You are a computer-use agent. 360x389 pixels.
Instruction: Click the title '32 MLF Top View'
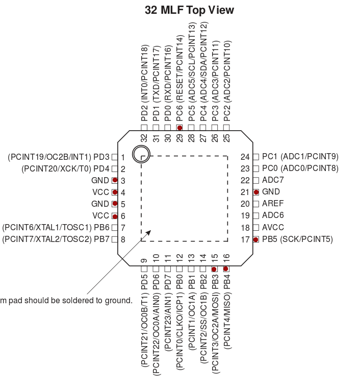point(190,10)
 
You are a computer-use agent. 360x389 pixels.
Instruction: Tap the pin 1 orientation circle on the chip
point(140,154)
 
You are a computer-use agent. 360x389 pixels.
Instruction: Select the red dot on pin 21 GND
point(256,192)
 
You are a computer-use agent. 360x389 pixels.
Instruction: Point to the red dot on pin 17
point(256,239)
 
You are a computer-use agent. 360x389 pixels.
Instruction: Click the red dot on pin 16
point(226,269)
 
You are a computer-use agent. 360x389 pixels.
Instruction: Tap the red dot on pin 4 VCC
point(115,192)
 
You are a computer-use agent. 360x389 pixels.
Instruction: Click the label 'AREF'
point(273,204)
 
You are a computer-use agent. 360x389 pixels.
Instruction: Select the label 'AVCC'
point(273,227)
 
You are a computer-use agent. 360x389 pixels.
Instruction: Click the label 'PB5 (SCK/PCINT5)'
point(297,239)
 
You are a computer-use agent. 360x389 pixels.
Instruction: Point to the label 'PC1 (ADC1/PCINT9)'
point(300,157)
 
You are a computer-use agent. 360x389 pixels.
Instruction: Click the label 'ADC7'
point(273,180)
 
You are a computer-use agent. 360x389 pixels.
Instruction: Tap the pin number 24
point(245,157)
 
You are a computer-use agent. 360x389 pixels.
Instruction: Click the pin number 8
point(123,239)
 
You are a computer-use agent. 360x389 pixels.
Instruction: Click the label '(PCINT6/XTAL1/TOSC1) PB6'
point(56,228)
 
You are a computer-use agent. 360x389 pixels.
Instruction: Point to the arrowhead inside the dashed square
point(148,233)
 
